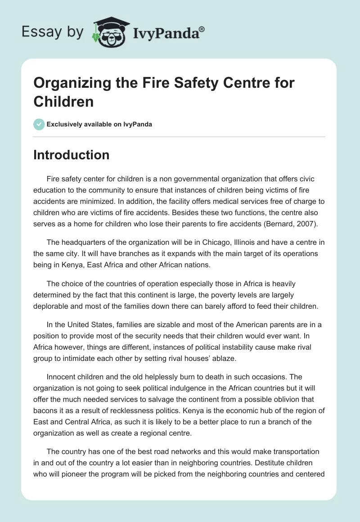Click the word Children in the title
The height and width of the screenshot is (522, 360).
point(63,101)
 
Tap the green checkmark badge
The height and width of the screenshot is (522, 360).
point(39,124)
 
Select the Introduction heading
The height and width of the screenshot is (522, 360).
point(72,155)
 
